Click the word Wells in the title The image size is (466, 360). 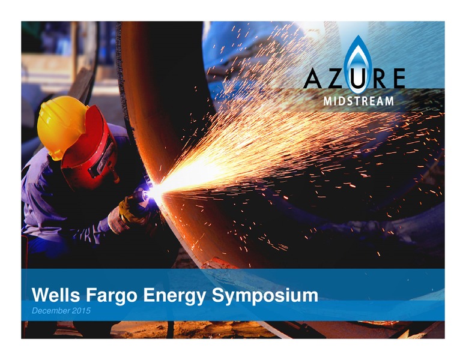tap(56, 295)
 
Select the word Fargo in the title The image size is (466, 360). tap(112, 296)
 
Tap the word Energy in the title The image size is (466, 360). tap(175, 296)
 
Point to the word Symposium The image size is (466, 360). tap(265, 296)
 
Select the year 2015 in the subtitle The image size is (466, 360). tap(81, 311)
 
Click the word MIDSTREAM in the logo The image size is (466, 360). tap(359, 101)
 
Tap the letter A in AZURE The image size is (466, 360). tap(313, 79)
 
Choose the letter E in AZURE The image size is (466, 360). tap(398, 79)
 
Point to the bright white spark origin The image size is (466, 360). tap(154, 191)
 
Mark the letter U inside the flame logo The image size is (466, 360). tap(357, 79)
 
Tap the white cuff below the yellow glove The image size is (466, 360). tap(116, 220)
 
